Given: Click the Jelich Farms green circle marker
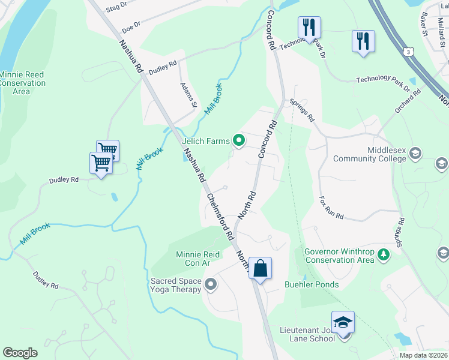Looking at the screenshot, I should tap(239, 141).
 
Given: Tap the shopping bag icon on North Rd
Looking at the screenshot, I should tap(261, 268).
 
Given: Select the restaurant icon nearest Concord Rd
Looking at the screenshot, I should tap(309, 27).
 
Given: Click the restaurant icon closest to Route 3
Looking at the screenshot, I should tap(363, 41).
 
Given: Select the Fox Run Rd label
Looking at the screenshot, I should tap(331, 208).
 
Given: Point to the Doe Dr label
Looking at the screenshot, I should tap(130, 27).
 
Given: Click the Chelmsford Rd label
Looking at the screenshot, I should tap(220, 217).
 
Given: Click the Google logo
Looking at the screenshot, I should tap(20, 353).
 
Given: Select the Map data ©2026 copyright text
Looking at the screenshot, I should tap(423, 355).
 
